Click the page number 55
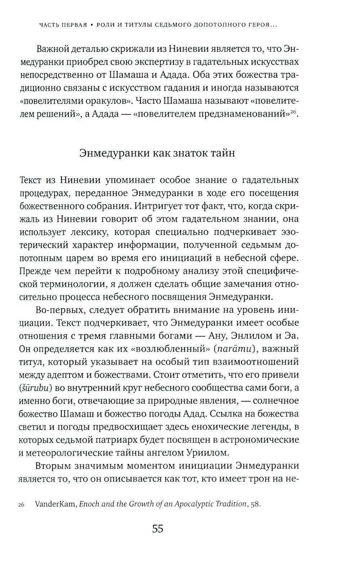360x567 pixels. (x=158, y=529)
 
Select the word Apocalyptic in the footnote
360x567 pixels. (x=195, y=504)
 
